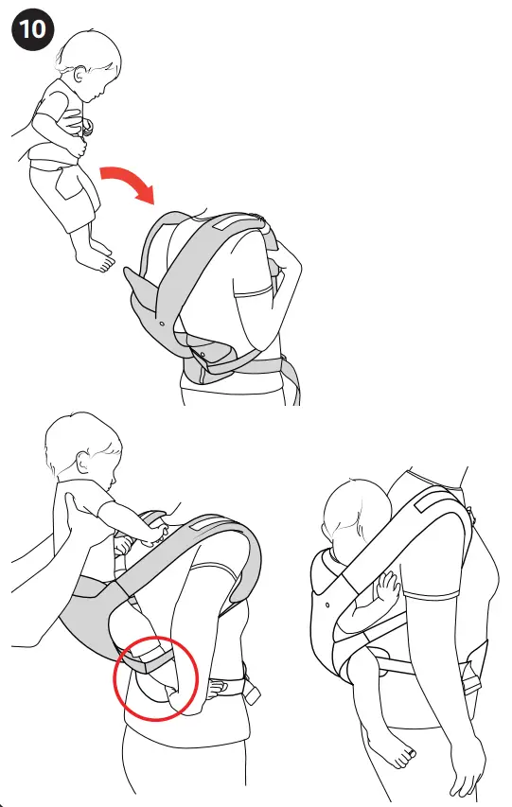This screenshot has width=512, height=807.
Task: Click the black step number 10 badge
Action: pos(30,28)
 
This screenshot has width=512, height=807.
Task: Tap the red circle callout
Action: pos(154,676)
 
